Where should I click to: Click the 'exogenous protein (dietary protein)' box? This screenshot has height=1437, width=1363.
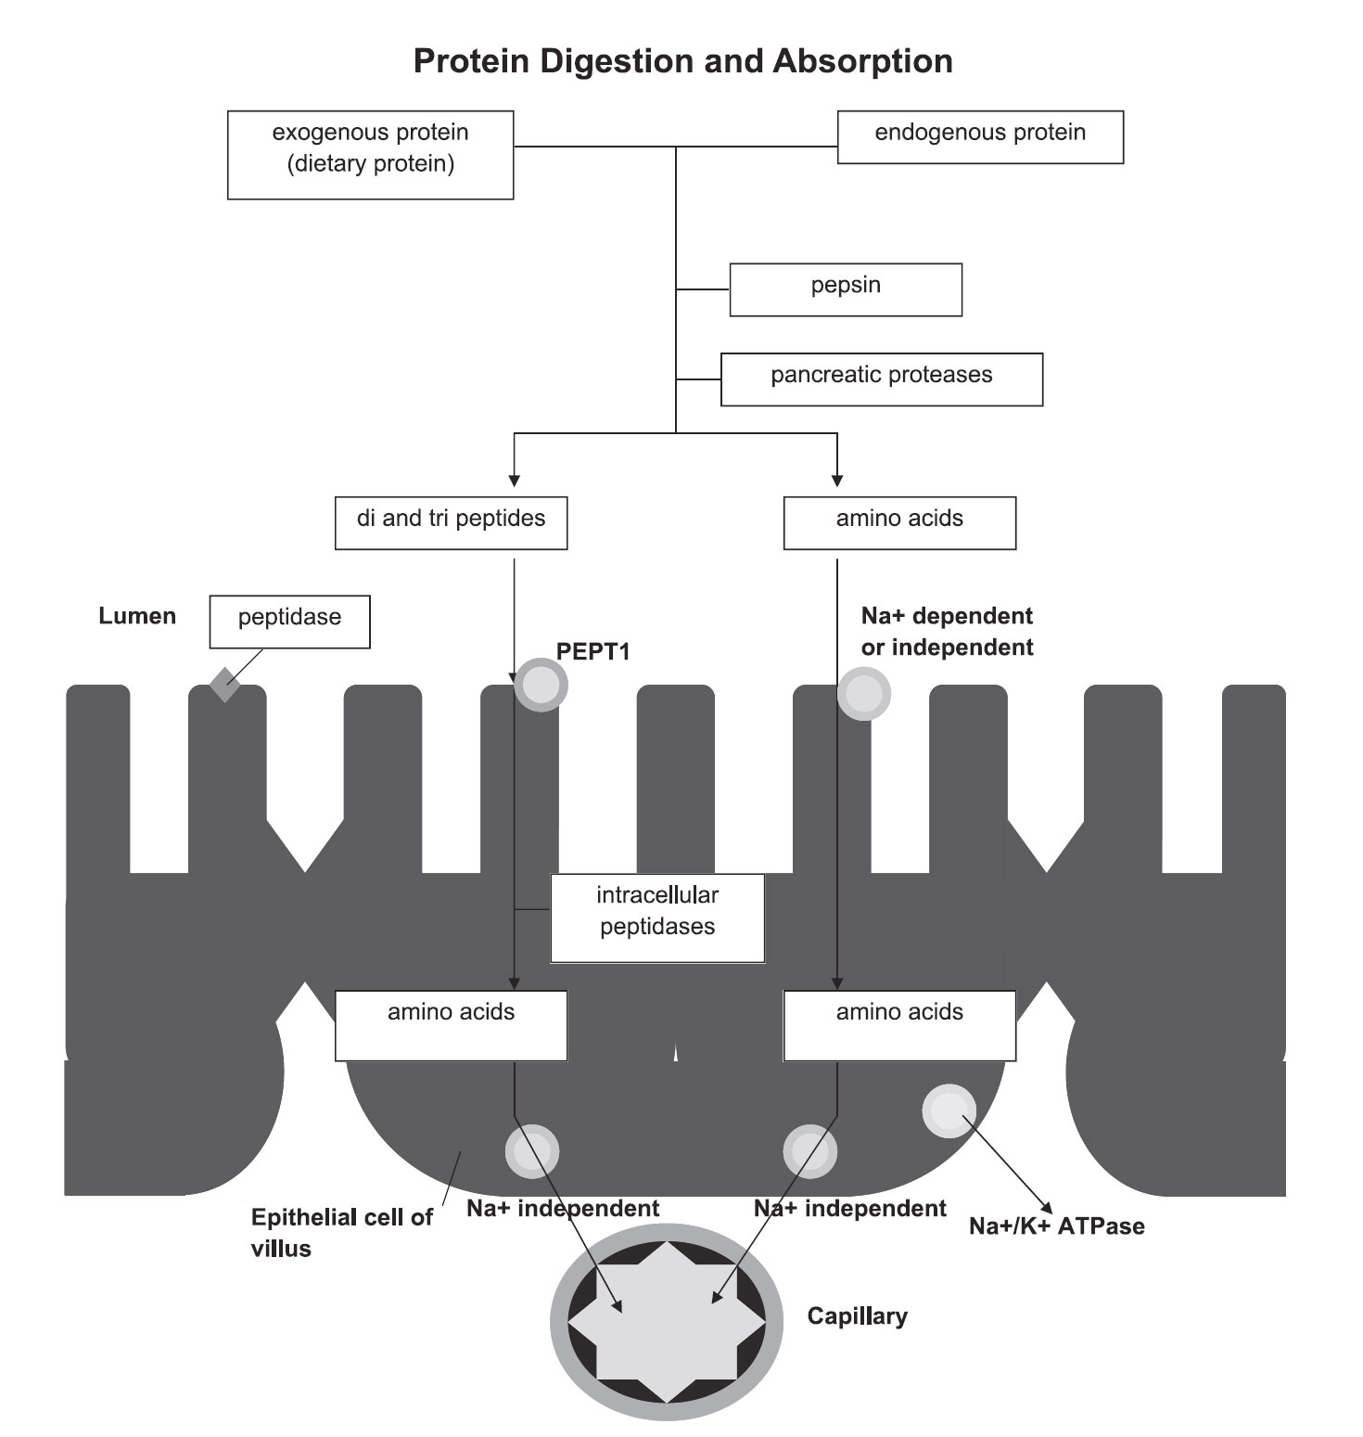[x=370, y=155]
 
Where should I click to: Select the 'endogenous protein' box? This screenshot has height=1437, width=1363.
[x=980, y=137]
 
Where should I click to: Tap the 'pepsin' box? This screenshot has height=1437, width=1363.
[x=846, y=289]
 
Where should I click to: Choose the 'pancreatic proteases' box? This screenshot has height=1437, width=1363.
[x=882, y=378]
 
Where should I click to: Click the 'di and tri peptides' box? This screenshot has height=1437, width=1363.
[x=451, y=523]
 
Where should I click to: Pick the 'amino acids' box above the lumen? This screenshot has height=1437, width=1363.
[x=899, y=523]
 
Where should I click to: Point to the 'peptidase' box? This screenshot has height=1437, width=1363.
[x=289, y=622]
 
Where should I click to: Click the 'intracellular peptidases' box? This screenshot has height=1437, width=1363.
[x=657, y=917]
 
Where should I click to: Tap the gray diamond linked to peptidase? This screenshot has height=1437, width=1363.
[x=224, y=685]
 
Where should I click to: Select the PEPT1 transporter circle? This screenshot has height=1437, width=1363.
[x=541, y=686]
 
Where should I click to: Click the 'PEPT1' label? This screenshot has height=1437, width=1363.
[x=593, y=652]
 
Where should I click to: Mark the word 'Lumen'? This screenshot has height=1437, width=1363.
[x=137, y=616]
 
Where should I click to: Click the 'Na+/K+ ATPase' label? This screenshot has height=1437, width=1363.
[x=1057, y=1226]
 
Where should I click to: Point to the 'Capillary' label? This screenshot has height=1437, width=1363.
[x=857, y=1315]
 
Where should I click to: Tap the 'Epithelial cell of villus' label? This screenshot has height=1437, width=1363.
[x=341, y=1233]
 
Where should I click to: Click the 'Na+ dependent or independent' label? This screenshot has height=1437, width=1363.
[x=947, y=632]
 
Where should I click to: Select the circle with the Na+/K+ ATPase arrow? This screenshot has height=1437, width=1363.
[x=949, y=1111]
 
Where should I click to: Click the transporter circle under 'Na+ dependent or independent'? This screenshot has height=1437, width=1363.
[x=863, y=693]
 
